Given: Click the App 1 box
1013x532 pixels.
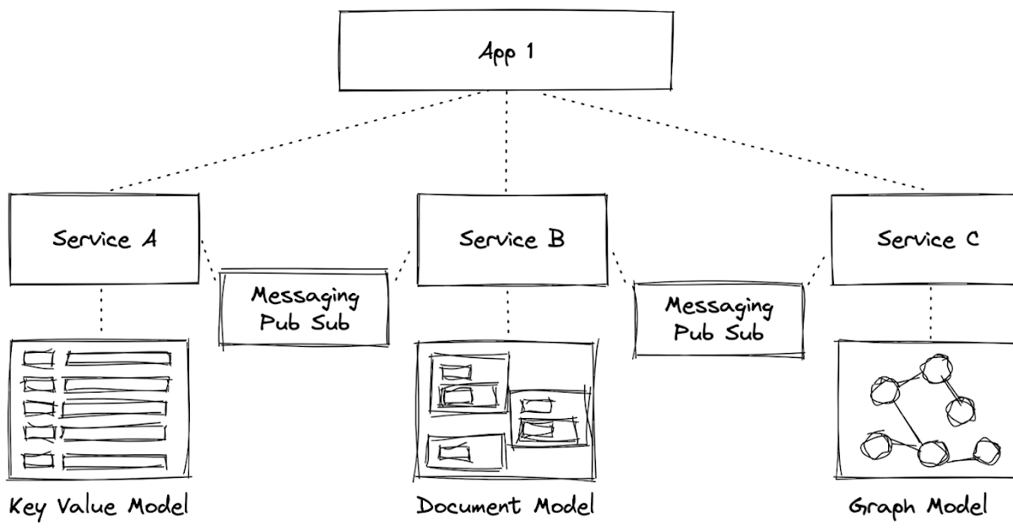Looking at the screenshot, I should coord(506,52).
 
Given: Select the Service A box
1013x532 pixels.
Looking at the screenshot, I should coord(104,239).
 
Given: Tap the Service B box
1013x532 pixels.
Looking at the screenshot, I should coord(512,239).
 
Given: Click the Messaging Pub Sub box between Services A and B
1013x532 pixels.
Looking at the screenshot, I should coord(304,309).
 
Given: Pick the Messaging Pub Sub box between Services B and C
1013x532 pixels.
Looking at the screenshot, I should coord(718,318).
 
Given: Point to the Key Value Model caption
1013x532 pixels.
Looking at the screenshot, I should coord(98,507).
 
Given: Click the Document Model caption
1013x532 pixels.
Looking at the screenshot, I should coord(505,506).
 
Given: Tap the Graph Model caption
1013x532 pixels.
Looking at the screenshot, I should coord(917,507).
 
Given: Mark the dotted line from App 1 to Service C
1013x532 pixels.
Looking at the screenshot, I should coord(734,142).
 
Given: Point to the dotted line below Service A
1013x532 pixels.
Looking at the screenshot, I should coord(101,311).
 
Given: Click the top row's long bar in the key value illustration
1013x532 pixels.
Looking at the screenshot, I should coord(118,359).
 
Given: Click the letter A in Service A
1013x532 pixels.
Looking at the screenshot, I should coord(148,239).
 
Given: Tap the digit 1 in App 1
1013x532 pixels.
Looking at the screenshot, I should coord(528,52).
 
